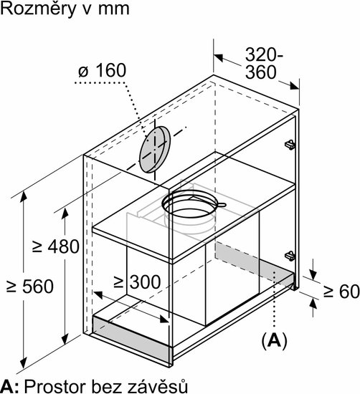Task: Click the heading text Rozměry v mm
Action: [65, 9]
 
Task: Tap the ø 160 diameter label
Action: [102, 70]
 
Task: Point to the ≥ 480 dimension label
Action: [56, 246]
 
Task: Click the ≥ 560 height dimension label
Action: [30, 287]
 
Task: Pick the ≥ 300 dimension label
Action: [137, 282]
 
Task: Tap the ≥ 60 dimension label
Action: [341, 292]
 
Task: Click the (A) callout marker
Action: [274, 341]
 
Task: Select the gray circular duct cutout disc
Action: [155, 149]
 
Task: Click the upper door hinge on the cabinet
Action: [290, 145]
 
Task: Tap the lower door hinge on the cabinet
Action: [290, 256]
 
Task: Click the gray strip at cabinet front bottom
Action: [132, 339]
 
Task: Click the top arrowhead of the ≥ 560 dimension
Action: [24, 196]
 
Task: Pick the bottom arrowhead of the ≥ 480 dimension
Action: [65, 339]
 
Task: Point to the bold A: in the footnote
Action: [10, 386]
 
